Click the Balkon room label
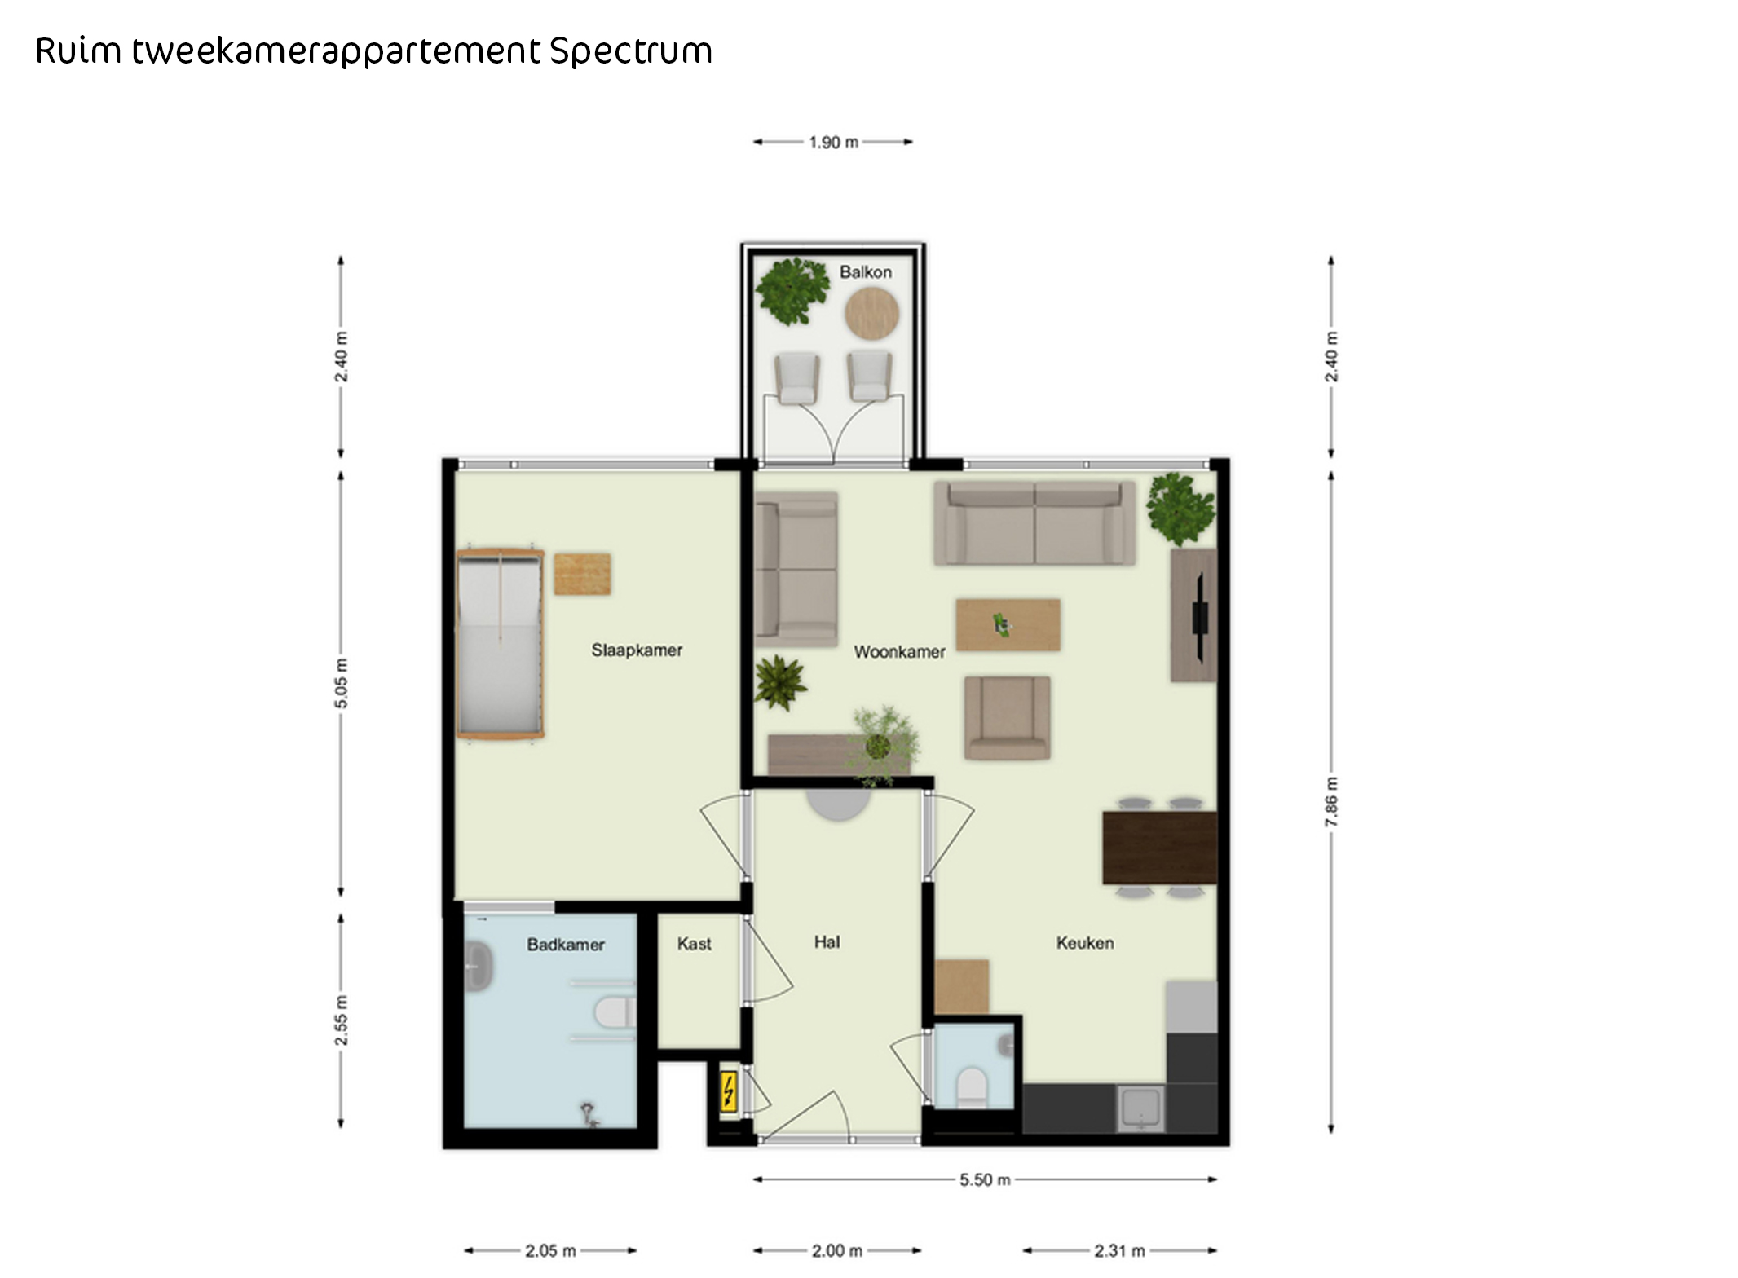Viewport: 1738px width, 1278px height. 865,272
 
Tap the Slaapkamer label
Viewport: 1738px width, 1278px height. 637,650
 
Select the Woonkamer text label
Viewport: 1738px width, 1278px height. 899,652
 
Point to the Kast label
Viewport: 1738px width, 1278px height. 695,944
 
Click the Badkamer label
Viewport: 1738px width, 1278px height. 566,945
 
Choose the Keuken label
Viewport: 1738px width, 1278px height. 1085,943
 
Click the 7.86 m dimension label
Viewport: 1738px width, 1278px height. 1331,802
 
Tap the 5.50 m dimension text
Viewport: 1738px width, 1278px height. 985,1179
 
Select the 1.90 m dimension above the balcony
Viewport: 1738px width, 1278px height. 833,142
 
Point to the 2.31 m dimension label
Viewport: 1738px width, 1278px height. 1119,1250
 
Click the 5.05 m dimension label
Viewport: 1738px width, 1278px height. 341,683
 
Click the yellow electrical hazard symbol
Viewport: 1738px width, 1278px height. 728,1091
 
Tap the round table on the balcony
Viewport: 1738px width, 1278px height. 871,313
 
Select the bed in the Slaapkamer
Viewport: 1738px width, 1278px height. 500,644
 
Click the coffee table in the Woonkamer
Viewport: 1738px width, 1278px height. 1008,625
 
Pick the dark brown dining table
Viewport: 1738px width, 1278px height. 1159,848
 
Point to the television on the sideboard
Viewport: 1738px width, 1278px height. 1200,616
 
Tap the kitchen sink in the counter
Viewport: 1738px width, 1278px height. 1141,1108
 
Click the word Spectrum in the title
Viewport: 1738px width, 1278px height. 631,51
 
